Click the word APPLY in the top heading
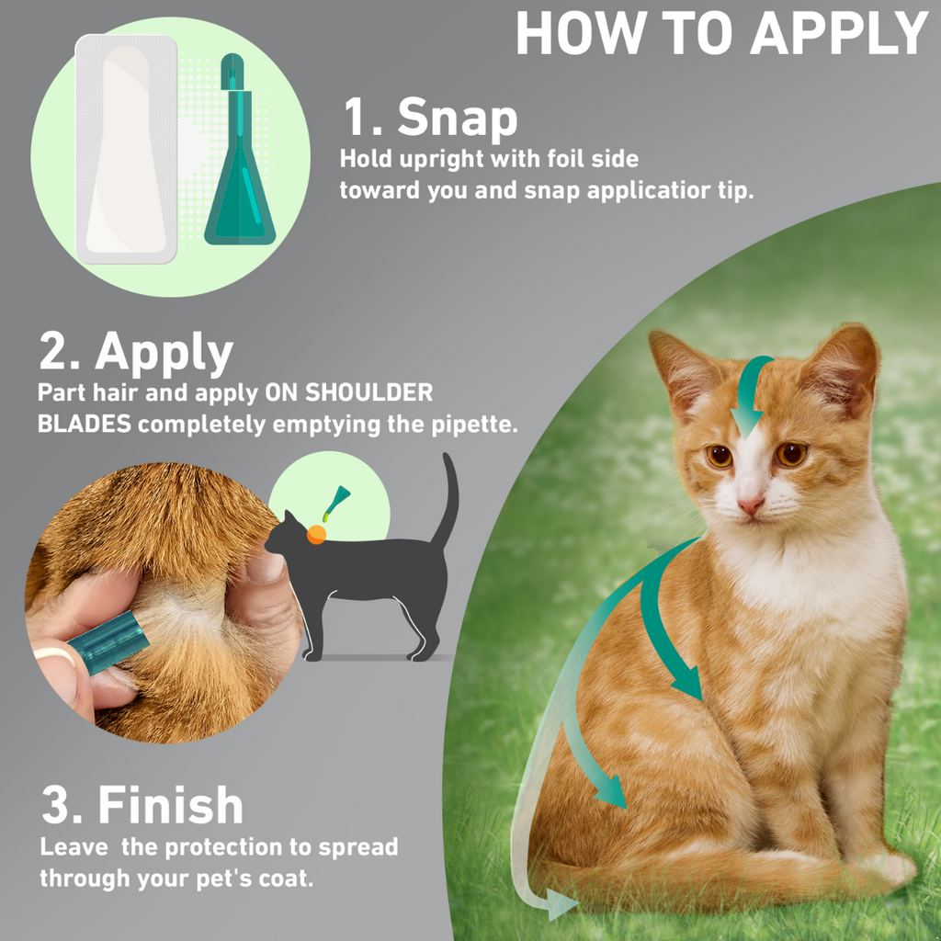tap(839, 33)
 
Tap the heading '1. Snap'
tap(430, 117)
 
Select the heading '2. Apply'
tap(136, 352)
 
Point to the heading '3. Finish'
tap(142, 805)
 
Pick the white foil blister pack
tap(126, 150)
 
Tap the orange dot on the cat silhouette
tap(316, 534)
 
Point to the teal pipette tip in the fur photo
tap(108, 642)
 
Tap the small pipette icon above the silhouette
tap(336, 503)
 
